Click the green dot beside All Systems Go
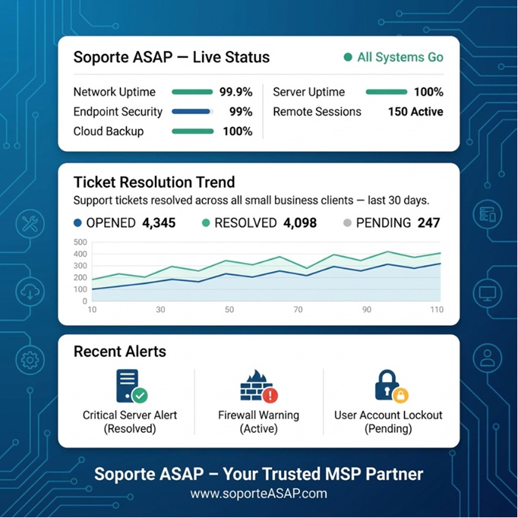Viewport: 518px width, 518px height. pyautogui.click(x=348, y=57)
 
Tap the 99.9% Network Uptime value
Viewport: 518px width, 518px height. pyautogui.click(x=236, y=92)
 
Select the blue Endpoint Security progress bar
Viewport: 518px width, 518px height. pyautogui.click(x=191, y=112)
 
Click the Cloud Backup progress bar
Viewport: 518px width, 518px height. pyautogui.click(x=193, y=131)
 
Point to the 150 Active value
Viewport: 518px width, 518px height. pyautogui.click(x=415, y=112)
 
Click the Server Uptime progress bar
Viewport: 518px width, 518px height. pyautogui.click(x=386, y=92)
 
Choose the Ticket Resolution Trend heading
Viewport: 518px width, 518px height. pyautogui.click(x=154, y=182)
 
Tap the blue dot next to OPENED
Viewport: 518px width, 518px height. pyautogui.click(x=77, y=223)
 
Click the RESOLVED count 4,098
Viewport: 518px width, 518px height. pyautogui.click(x=300, y=223)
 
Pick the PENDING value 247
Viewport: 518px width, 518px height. pyautogui.click(x=428, y=223)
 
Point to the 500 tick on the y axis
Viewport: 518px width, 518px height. pyautogui.click(x=81, y=242)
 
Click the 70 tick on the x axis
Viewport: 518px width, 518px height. pyautogui.click(x=298, y=310)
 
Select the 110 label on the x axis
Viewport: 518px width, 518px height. pyautogui.click(x=437, y=310)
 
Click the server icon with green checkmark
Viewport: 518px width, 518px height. pyautogui.click(x=131, y=386)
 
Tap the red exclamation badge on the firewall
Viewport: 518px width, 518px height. pyautogui.click(x=270, y=395)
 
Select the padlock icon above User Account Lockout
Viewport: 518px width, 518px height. pyautogui.click(x=391, y=386)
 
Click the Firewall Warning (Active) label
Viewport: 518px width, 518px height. pyautogui.click(x=259, y=422)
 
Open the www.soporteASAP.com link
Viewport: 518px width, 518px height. pyautogui.click(x=259, y=494)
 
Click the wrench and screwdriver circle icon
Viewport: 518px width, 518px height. pyautogui.click(x=30, y=223)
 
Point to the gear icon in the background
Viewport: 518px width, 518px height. pyautogui.click(x=30, y=360)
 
